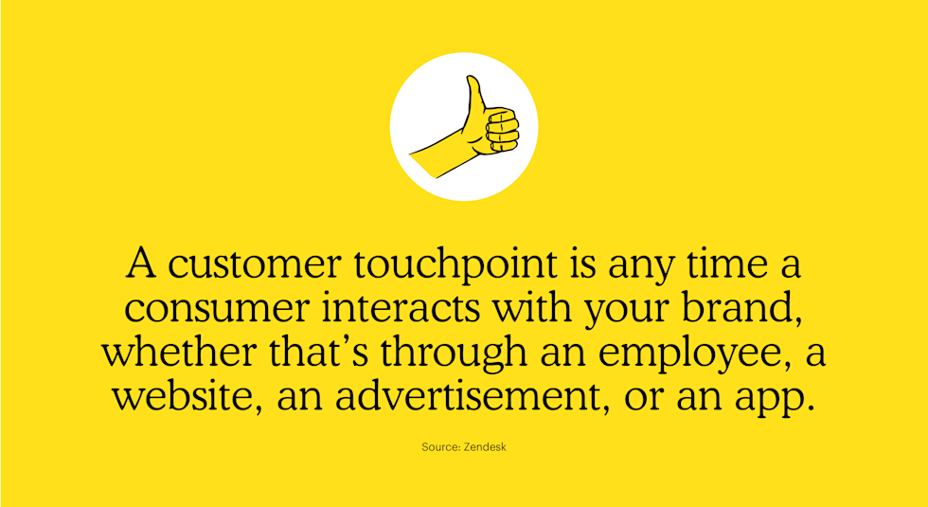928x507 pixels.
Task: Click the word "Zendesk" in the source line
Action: [x=485, y=446]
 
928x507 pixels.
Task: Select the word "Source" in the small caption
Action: [x=440, y=446]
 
